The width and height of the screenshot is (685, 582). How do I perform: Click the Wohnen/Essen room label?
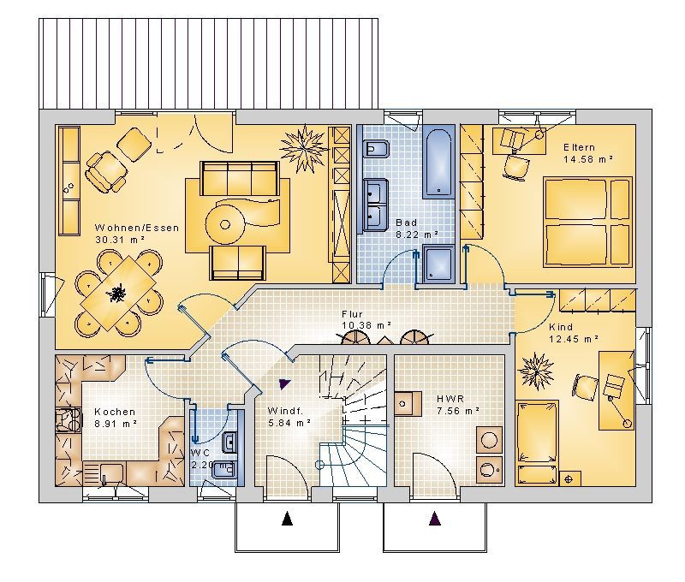[x=137, y=228]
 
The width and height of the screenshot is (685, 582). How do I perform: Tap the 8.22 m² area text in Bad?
[x=417, y=235]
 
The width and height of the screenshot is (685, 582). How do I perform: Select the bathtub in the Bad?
[x=438, y=163]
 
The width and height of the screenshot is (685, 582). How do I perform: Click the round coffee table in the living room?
[x=225, y=225]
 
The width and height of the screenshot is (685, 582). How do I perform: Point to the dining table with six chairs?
[x=118, y=293]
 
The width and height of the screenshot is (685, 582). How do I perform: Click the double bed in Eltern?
[x=588, y=222]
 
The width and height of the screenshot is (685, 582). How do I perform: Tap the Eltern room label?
[x=579, y=147]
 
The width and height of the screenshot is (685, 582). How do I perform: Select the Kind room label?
[x=561, y=327]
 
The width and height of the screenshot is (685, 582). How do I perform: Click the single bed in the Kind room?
[x=538, y=443]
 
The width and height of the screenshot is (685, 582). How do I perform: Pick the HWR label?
[x=450, y=399]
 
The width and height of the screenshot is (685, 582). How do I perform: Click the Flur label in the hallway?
[x=352, y=314]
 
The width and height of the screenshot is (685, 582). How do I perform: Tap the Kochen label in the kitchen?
[x=115, y=412]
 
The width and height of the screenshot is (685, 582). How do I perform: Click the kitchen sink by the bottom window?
[x=111, y=472]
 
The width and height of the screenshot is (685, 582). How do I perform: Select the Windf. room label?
[x=285, y=411]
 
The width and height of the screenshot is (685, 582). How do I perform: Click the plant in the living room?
[x=304, y=149]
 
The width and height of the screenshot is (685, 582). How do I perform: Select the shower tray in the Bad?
[x=439, y=264]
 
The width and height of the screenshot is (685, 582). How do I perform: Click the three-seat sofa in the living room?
[x=240, y=178]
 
